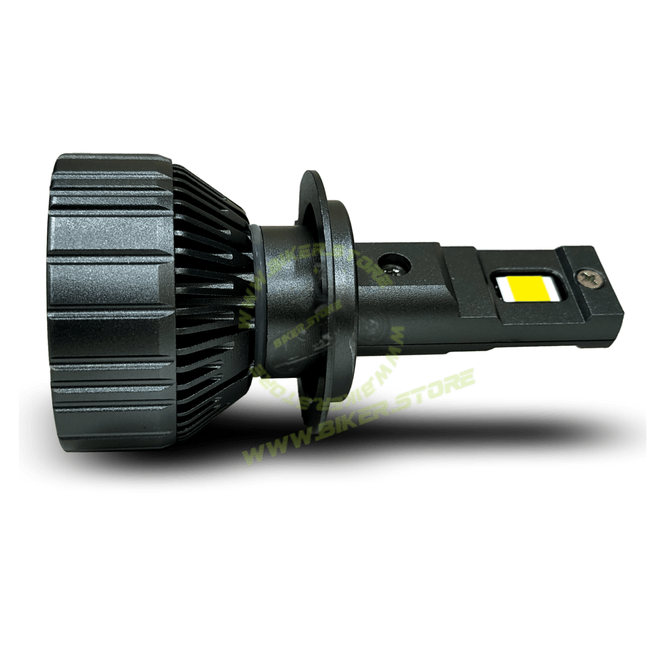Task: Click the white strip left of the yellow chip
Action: point(501,286)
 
